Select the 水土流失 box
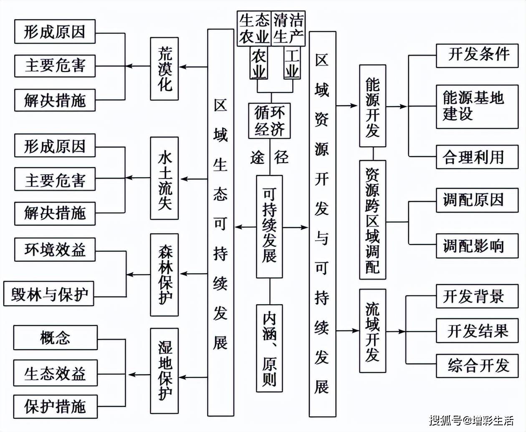coord(164,178)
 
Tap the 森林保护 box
coord(164,274)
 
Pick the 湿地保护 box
coord(164,371)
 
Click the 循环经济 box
coord(269,121)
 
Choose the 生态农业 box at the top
coord(254,28)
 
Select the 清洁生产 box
coord(288,28)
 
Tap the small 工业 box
coord(292,63)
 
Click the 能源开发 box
coord(372,106)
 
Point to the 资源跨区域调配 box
coord(372,220)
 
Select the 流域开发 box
coord(372,330)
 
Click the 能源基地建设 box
coord(477,106)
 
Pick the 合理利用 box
coord(477,157)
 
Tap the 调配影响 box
coord(477,246)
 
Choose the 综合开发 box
coord(477,366)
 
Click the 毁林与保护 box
coord(49,294)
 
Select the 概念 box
coord(56,338)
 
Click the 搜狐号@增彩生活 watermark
coord(471,419)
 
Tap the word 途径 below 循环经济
coord(269,158)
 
